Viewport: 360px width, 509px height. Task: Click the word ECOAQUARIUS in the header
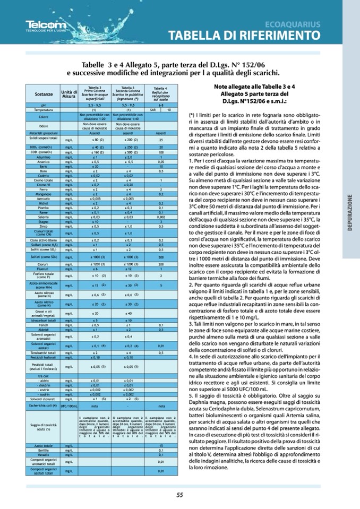click(x=293, y=24)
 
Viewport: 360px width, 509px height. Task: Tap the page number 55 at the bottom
click(x=179, y=495)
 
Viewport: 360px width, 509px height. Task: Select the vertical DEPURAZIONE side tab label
click(x=350, y=212)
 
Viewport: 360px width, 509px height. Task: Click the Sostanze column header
click(x=44, y=94)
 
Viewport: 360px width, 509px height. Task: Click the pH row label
click(x=44, y=106)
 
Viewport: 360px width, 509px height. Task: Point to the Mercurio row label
click(x=44, y=198)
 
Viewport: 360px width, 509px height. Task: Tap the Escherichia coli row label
click(x=44, y=406)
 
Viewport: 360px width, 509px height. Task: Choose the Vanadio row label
click(x=44, y=454)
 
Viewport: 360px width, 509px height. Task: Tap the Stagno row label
click(x=44, y=221)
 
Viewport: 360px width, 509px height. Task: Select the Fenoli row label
click(x=44, y=324)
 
